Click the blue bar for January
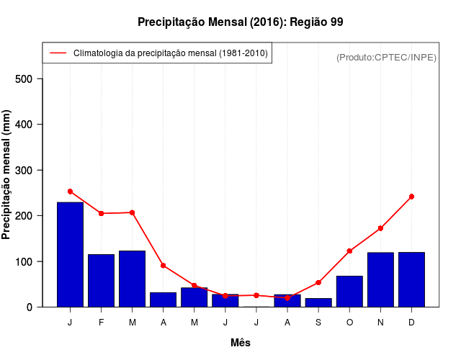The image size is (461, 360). pos(70,254)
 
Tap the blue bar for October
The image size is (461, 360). pos(349,291)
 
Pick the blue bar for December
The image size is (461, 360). pos(411,279)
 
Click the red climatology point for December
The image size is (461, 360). pos(411,197)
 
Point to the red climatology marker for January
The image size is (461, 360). pos(70,192)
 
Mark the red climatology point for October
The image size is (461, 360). pos(349,251)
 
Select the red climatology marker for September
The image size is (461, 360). pos(318,282)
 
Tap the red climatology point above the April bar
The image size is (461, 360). pos(164,266)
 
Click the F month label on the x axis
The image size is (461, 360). pos(101,323)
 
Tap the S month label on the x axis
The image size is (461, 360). pos(318,323)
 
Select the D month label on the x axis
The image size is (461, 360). pos(411,323)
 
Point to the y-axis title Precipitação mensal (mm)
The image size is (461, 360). pos(7,175)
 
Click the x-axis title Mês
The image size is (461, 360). pos(241,343)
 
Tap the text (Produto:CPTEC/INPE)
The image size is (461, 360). pos(387,57)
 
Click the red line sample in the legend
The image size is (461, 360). pos(58,53)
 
